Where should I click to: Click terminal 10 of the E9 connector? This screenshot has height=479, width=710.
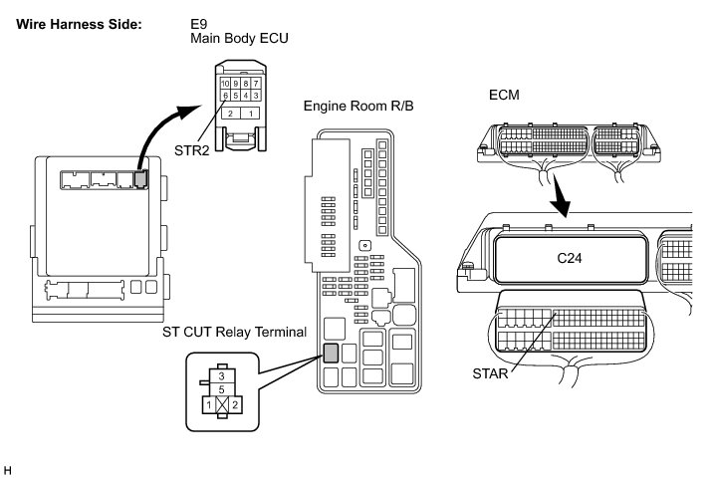[x=225, y=84]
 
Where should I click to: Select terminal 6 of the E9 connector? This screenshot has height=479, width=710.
[x=225, y=95]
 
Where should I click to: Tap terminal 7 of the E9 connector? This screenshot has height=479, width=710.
[x=256, y=84]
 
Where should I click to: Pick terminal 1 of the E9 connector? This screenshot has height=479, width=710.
[x=250, y=114]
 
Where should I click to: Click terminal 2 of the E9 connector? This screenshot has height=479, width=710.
[x=230, y=114]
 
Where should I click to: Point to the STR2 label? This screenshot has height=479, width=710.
[x=192, y=149]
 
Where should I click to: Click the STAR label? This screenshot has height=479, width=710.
[x=490, y=373]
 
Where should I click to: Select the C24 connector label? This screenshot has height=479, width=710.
[x=570, y=258]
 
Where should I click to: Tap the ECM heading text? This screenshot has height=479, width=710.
[x=504, y=95]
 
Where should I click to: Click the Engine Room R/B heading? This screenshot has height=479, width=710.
[x=358, y=106]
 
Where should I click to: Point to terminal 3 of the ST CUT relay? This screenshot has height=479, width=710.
[x=221, y=375]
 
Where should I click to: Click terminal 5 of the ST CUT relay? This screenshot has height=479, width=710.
[x=221, y=389]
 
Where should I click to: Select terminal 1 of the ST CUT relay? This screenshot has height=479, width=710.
[x=209, y=404]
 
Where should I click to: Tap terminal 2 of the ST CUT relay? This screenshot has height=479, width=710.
[x=235, y=404]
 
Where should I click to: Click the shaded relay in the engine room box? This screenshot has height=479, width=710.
[x=331, y=354]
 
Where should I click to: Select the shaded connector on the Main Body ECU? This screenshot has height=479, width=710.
[x=141, y=179]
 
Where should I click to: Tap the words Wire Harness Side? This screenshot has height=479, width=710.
[x=80, y=24]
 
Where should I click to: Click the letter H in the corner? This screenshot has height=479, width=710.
[x=7, y=470]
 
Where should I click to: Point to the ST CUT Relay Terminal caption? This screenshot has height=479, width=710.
[x=235, y=332]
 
